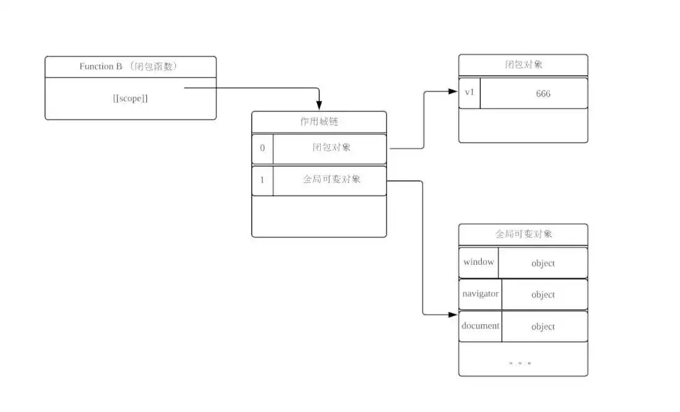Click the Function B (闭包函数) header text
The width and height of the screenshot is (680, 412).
129,67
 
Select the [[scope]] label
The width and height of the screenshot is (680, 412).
131,98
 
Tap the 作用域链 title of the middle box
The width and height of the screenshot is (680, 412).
318,122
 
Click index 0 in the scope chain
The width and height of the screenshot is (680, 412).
262,148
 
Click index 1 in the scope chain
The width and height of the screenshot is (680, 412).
262,180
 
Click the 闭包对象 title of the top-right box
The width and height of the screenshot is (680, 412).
523,64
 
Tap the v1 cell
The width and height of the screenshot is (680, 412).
469,92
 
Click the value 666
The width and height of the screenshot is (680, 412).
543,94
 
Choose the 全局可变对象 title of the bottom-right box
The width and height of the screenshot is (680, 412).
523,234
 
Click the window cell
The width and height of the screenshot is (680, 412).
479,262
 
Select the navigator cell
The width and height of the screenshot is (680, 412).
481,294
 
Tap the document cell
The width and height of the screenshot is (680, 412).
481,325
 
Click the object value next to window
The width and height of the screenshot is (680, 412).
543,264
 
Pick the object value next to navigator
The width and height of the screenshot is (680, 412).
543,295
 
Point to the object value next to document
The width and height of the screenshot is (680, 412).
543,327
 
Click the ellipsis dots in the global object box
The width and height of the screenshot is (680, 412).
520,363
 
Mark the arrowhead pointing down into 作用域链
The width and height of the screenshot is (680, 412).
319,106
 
